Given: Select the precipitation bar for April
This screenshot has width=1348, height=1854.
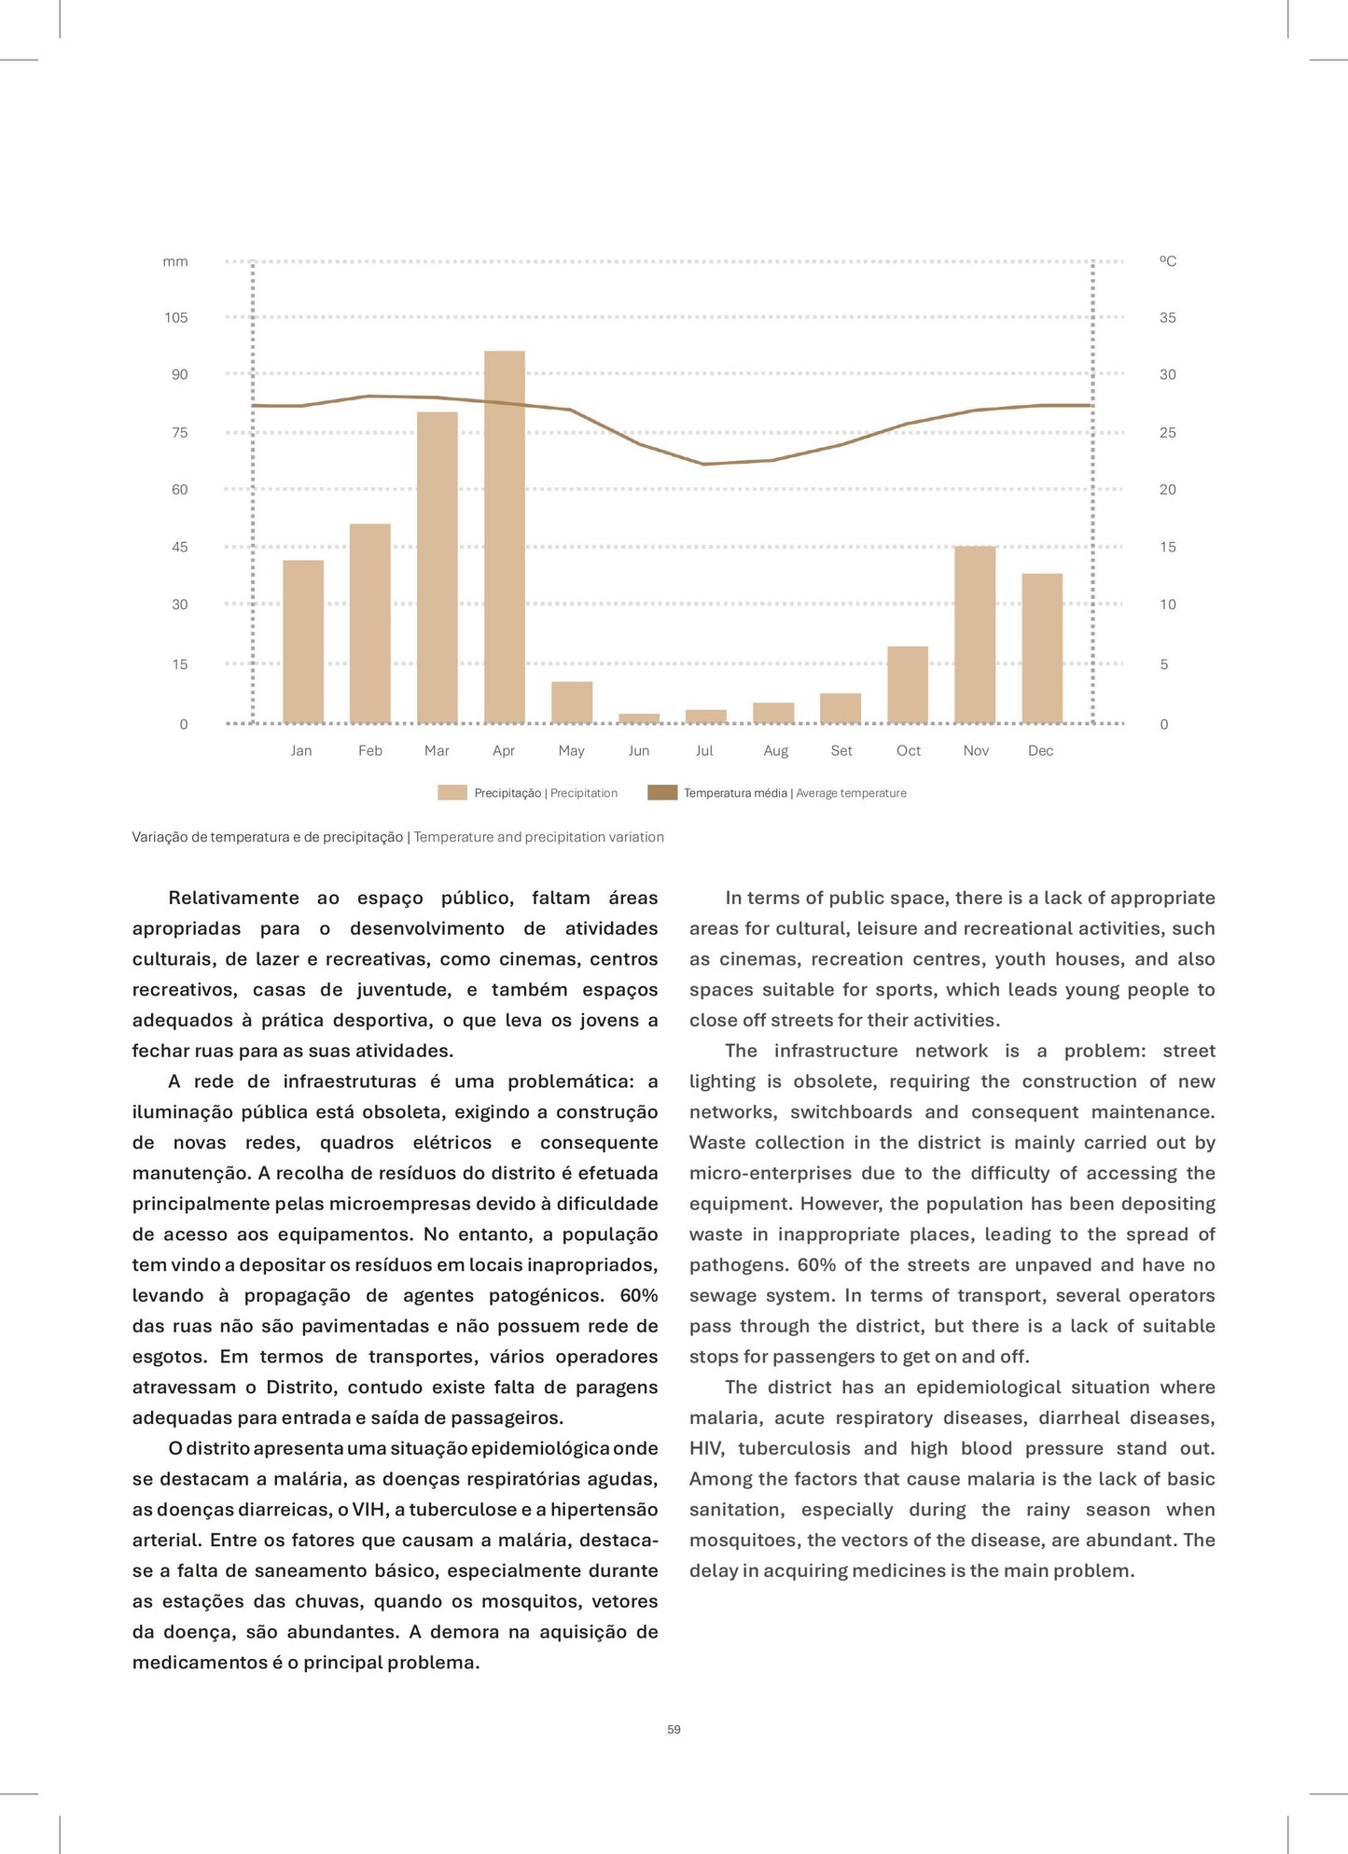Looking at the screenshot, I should (505, 537).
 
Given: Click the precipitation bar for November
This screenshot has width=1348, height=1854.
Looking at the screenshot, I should (975, 634).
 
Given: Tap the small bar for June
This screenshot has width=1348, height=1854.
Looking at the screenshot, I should (639, 718).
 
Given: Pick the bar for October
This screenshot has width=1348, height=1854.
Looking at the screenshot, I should (908, 685).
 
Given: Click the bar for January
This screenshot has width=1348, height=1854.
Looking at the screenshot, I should (303, 642).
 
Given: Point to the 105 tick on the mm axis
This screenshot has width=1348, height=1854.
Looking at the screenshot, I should (176, 318).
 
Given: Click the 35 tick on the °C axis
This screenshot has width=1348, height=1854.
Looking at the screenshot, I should (1168, 318).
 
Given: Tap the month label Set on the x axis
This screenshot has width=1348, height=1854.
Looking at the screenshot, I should (841, 751).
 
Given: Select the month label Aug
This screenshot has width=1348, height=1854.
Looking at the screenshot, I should (775, 751).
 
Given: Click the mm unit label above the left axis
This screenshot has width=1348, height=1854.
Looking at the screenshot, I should (175, 262).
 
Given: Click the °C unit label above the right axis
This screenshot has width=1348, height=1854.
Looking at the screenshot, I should (1168, 262).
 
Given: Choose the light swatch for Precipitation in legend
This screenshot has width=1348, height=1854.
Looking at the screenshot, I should (452, 793).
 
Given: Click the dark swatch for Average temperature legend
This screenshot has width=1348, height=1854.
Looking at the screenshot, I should (662, 793).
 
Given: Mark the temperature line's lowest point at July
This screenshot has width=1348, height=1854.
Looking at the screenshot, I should (705, 464).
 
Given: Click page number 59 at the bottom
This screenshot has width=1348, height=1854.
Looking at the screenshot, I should (674, 1729).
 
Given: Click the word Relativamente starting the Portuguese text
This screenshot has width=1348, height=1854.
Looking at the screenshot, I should (233, 899).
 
